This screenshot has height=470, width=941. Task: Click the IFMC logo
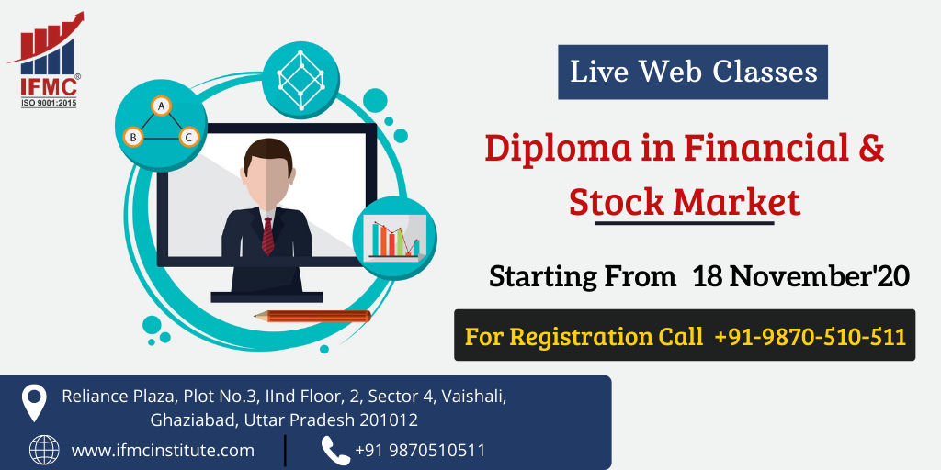tap(46, 60)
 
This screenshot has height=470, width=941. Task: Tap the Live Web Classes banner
tap(693, 72)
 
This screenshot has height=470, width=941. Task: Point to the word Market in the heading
tap(737, 202)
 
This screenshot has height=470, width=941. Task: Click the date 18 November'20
tap(801, 276)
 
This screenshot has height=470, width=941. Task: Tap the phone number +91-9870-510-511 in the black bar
tap(811, 337)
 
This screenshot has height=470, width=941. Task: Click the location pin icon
tap(34, 403)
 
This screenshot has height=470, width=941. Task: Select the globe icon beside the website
tap(44, 450)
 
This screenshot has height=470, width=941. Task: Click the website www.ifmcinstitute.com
tap(163, 450)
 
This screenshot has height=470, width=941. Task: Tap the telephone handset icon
tap(335, 451)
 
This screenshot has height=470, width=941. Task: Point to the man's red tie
tap(267, 236)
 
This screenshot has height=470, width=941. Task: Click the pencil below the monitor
tap(312, 316)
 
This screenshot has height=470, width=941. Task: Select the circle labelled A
tap(160, 106)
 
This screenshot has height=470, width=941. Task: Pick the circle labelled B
tap(133, 138)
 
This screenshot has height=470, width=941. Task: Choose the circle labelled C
tap(188, 138)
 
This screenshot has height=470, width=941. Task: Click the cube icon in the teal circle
tap(300, 80)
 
